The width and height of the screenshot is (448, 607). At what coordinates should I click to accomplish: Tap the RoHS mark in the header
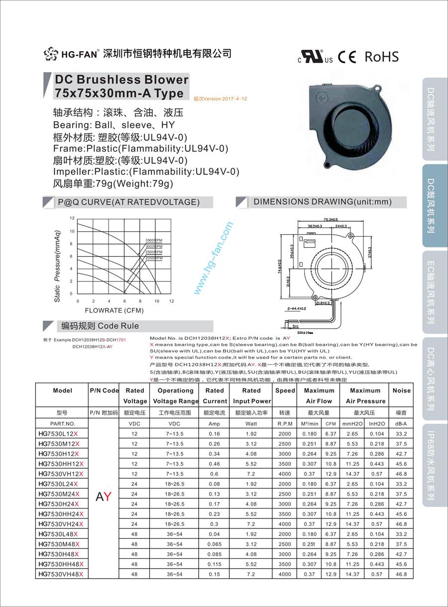tap(382, 57)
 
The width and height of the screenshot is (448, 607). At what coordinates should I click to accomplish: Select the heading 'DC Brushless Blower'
tap(121, 80)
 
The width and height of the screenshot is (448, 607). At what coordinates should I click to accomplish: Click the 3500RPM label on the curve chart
tap(154, 241)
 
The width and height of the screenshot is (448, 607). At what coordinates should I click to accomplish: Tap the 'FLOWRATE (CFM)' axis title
tap(114, 311)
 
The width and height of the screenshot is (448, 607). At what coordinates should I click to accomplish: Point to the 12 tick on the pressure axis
tap(72, 219)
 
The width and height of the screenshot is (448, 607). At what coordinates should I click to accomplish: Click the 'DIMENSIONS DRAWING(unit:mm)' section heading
tap(322, 202)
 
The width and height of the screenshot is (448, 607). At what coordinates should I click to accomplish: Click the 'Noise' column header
tap(401, 391)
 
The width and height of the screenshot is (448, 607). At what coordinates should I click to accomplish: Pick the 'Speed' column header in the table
tap(285, 391)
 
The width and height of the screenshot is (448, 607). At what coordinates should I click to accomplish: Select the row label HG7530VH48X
tap(60, 574)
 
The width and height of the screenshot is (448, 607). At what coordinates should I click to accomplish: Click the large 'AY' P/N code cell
tap(104, 497)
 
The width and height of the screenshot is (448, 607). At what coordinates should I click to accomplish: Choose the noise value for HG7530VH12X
tap(401, 474)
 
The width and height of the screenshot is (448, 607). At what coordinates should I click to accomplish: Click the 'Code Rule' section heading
tap(100, 326)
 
